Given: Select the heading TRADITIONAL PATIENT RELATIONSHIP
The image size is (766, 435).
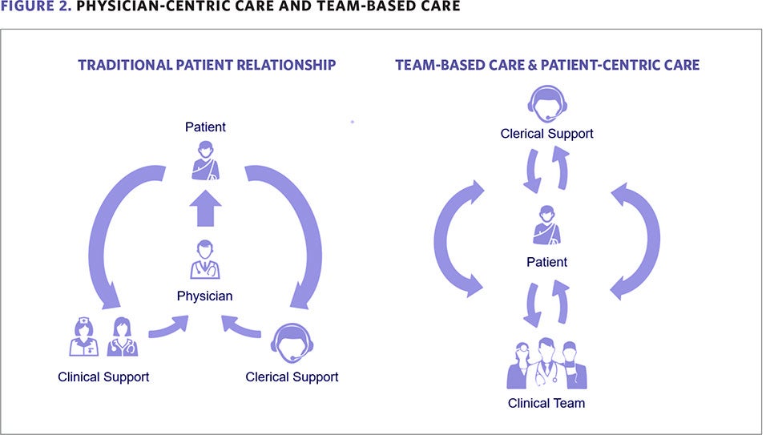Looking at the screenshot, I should pyautogui.click(x=207, y=65).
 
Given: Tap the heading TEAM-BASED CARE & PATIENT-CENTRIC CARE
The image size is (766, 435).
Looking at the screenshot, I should pyautogui.click(x=547, y=65).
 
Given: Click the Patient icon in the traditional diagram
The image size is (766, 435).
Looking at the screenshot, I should pyautogui.click(x=206, y=159).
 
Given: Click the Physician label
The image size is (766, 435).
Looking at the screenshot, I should pyautogui.click(x=205, y=296).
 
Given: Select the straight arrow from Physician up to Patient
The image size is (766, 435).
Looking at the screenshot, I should pyautogui.click(x=206, y=209).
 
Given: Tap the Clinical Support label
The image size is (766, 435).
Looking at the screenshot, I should pyautogui.click(x=103, y=377).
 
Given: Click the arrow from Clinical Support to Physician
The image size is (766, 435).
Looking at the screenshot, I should pyautogui.click(x=168, y=326).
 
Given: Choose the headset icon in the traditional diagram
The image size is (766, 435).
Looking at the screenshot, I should pyautogui.click(x=292, y=341).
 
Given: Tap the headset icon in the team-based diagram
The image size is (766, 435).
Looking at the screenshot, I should pyautogui.click(x=546, y=103).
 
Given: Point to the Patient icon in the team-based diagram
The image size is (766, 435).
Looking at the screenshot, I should pyautogui.click(x=546, y=225).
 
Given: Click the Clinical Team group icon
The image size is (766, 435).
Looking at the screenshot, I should pyautogui.click(x=546, y=365).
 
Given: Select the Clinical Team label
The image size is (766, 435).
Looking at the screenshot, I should pyautogui.click(x=546, y=403).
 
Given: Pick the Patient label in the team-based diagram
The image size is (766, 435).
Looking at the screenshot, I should pyautogui.click(x=546, y=262).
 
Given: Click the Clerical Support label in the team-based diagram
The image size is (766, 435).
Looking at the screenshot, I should pyautogui.click(x=546, y=134).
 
